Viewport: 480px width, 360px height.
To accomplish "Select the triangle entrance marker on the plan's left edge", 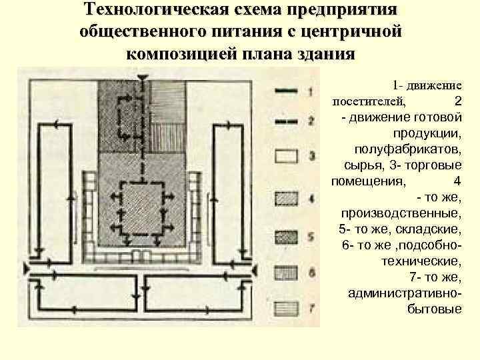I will pos(28,268).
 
